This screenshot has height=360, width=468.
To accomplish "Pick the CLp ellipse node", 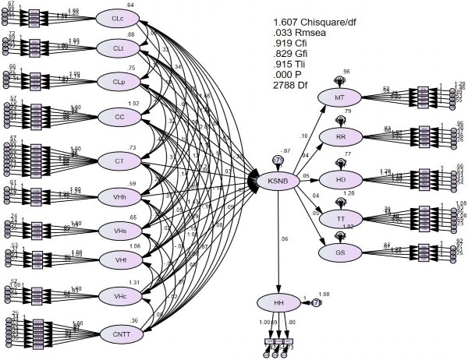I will pos(119,82).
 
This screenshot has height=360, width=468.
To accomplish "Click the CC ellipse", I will pos(119,117).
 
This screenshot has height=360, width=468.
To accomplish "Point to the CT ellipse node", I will pos(119,161).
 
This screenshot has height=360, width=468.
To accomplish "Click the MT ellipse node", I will pos(341,97).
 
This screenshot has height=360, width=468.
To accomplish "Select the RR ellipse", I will pos(341,137).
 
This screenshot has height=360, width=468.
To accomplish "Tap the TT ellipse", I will pos(341,217).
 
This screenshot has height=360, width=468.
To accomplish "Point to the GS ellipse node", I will pos(341,252).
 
